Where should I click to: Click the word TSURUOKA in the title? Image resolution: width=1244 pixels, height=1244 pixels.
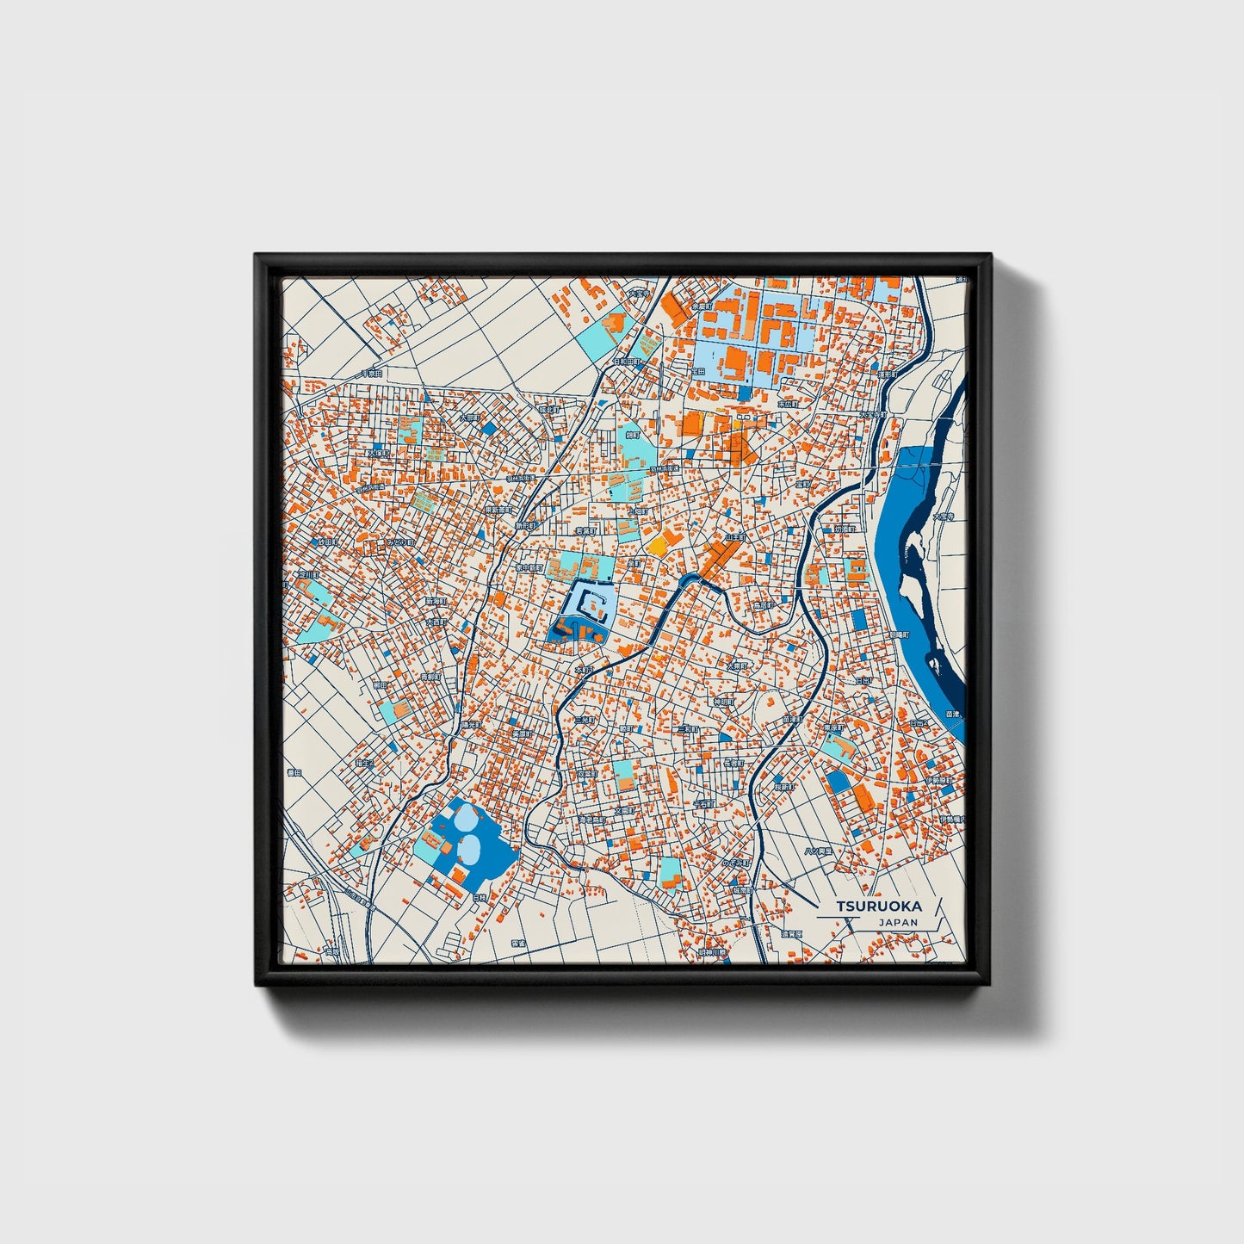879,906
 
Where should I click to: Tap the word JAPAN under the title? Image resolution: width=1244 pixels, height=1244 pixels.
898,922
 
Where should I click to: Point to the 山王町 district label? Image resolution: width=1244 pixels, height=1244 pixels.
734,537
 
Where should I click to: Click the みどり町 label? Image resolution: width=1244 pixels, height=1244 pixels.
399,543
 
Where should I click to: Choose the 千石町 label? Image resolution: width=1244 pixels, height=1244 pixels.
703,804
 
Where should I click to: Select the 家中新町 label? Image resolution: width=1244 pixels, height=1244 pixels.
530,568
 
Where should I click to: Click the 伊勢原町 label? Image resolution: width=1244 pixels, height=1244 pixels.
938,781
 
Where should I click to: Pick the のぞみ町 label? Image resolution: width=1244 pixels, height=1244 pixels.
737,862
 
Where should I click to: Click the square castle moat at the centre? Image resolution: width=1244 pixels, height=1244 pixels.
588,602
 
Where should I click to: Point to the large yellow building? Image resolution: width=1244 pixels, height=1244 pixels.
658,544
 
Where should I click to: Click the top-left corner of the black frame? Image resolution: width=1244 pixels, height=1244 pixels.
257,257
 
